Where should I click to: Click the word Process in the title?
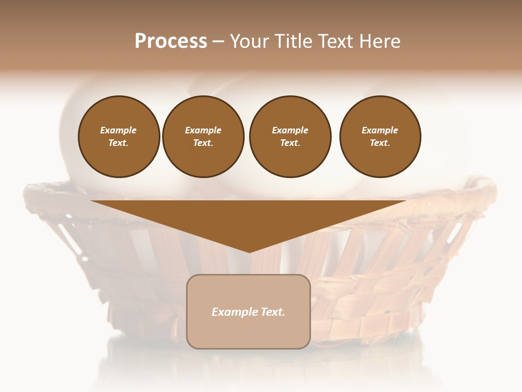point(171,41)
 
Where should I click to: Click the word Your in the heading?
point(249,41)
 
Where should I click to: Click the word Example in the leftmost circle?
point(119,130)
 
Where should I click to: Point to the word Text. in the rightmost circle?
point(380,143)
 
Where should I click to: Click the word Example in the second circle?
point(203,130)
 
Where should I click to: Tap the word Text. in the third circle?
point(290,143)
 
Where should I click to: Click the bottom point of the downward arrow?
point(249,251)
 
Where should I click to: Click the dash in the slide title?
point(219,41)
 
